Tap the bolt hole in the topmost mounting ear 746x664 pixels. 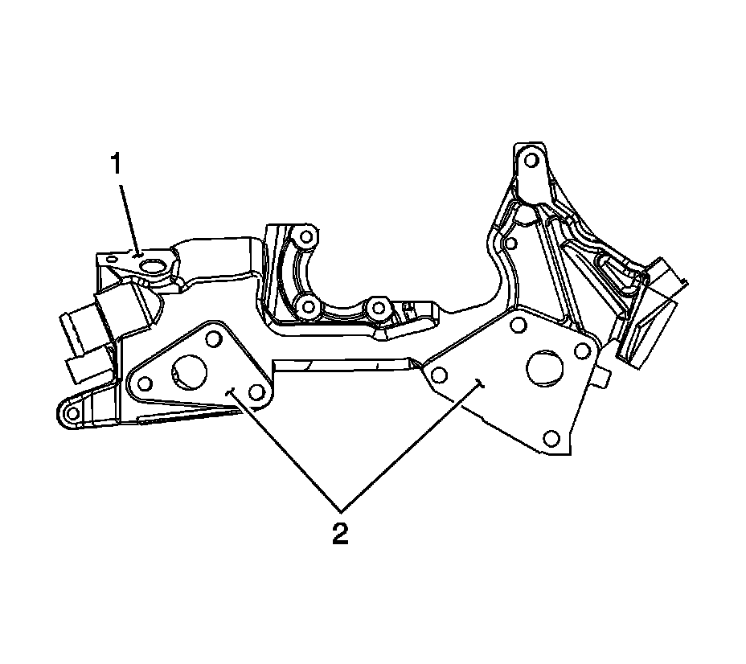point(530,158)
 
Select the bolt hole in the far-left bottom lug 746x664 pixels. point(72,413)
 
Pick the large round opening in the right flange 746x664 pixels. point(544,366)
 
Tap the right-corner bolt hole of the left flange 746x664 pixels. point(256,391)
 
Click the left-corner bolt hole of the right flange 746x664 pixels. point(439,375)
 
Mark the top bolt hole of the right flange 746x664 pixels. point(518,325)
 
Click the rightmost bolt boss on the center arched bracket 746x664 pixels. point(379,307)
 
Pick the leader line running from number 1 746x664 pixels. point(130,217)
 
